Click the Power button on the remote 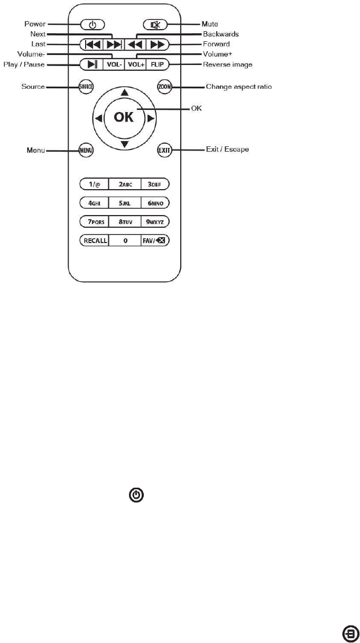(93, 24)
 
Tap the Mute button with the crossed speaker (155, 24)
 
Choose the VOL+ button (135, 64)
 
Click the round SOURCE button (86, 87)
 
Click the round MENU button (86, 150)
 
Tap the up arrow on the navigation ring (124, 92)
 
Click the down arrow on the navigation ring (124, 144)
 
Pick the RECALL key (94, 240)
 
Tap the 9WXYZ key (155, 221)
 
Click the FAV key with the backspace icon (155, 240)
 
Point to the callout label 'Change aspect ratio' (239, 87)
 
